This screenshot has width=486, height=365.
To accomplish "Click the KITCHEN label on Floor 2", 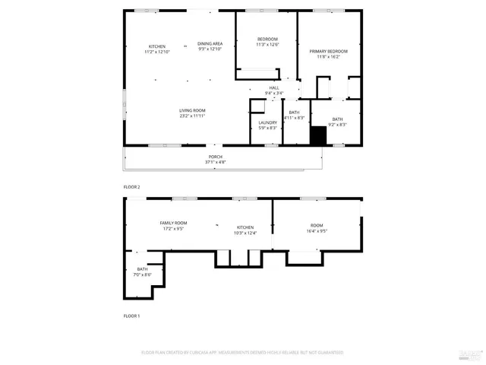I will pos(157,46).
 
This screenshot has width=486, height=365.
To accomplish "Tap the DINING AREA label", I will pos(210,44).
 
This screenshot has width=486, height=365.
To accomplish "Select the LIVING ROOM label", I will pos(192,110).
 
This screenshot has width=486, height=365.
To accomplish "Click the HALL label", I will pos(273,88).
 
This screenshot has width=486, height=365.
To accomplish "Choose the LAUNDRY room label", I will pos(267,122).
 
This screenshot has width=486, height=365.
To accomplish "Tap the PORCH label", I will pos(216,157).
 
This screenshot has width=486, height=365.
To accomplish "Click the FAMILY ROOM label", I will pos(173,223).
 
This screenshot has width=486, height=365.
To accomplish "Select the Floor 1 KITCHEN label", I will pos(245,227).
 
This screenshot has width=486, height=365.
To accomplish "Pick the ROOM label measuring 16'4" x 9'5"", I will pos(317,225).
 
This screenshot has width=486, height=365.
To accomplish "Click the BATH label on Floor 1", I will pos(143,269).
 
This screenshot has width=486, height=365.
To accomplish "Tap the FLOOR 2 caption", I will pos(132,186).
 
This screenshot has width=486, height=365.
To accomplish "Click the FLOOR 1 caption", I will pos(132,316).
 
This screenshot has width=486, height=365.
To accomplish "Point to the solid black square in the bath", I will pos(317,136).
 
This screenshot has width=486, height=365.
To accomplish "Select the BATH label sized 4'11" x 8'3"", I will pos(294,113).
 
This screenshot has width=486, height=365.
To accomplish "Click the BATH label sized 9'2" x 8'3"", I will pos(337,119).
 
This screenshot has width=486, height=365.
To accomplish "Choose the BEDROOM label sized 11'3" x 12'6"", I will pos(267,40).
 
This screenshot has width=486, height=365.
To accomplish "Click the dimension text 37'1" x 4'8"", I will pos(216,162).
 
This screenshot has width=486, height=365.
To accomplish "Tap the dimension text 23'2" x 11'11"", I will pos(192,116).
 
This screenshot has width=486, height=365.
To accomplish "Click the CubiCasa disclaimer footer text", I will pos(242,352).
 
